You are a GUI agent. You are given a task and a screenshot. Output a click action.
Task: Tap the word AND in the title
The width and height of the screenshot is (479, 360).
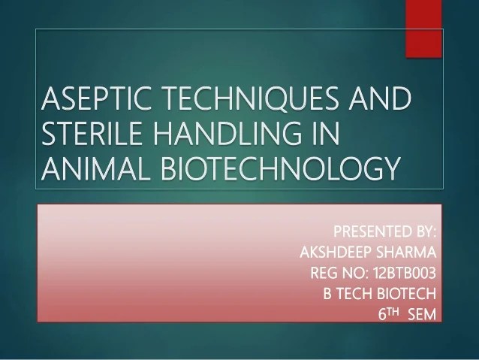coord(381,98)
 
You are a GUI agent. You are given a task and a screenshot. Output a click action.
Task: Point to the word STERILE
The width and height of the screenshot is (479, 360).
coord(92,133)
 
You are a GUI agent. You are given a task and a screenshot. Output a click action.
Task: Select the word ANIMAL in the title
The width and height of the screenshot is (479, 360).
coord(95,168)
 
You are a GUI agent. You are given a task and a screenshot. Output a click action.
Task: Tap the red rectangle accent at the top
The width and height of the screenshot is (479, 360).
coord(423,29)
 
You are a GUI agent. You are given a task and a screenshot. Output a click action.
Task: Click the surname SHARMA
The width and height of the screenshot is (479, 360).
coord(406,253)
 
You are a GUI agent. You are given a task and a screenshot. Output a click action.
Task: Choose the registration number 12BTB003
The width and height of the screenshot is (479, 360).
coord(405,273)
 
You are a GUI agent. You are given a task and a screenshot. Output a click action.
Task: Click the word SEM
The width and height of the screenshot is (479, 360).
coord(422,315)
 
